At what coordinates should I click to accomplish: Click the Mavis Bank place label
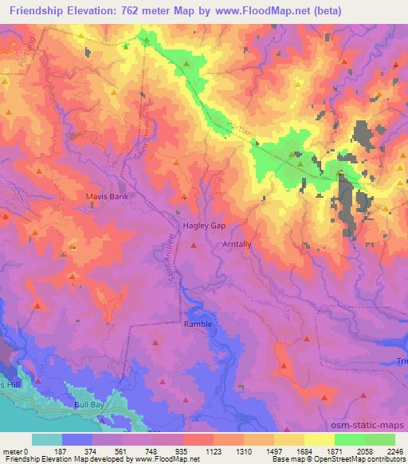click(x=107, y=195)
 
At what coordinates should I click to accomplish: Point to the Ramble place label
click(x=198, y=324)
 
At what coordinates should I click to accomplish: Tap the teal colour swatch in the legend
click(x=47, y=439)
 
